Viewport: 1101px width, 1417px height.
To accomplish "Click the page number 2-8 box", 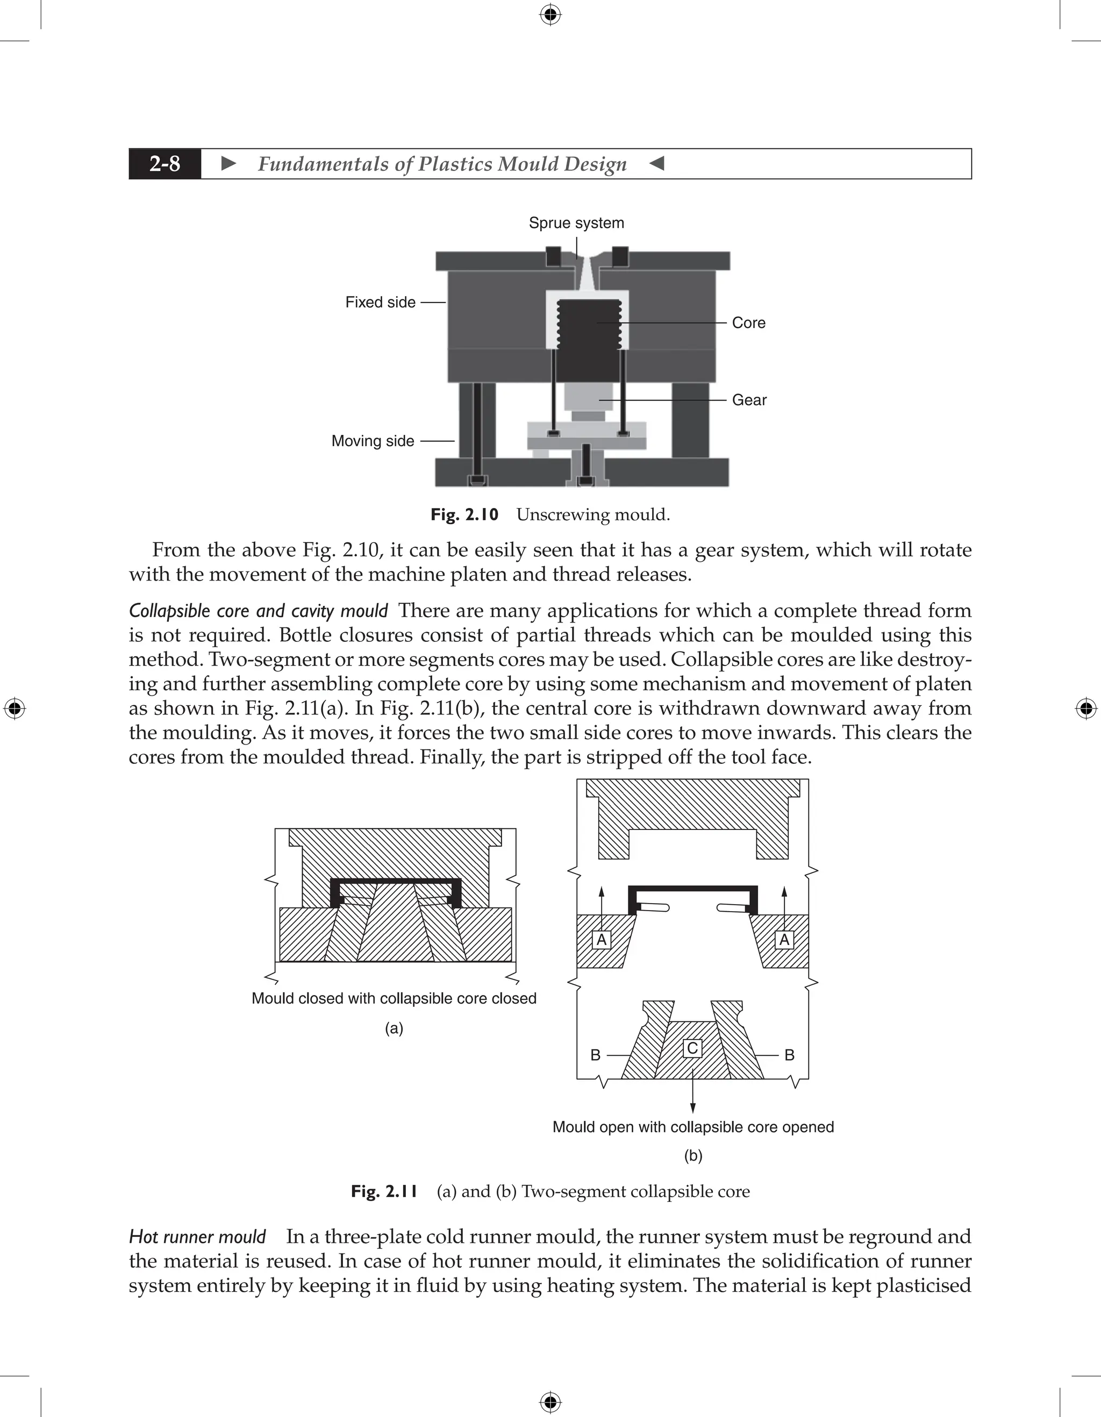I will click(165, 163).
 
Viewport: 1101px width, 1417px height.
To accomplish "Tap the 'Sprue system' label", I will click(576, 223).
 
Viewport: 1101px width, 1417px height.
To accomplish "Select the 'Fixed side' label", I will click(380, 302).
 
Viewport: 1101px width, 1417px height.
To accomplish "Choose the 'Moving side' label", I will click(373, 441).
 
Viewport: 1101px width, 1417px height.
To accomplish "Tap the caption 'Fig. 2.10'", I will click(464, 514).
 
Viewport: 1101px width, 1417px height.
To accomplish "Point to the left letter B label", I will click(595, 1056).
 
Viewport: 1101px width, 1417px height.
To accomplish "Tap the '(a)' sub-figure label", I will click(394, 1028).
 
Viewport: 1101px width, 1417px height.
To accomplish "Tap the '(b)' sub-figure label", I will click(693, 1156).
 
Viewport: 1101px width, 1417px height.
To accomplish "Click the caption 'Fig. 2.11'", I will click(384, 1191).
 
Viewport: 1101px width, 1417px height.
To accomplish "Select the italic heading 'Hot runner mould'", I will click(197, 1236).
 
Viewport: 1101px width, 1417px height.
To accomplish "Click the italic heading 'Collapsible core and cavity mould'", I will click(258, 611).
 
